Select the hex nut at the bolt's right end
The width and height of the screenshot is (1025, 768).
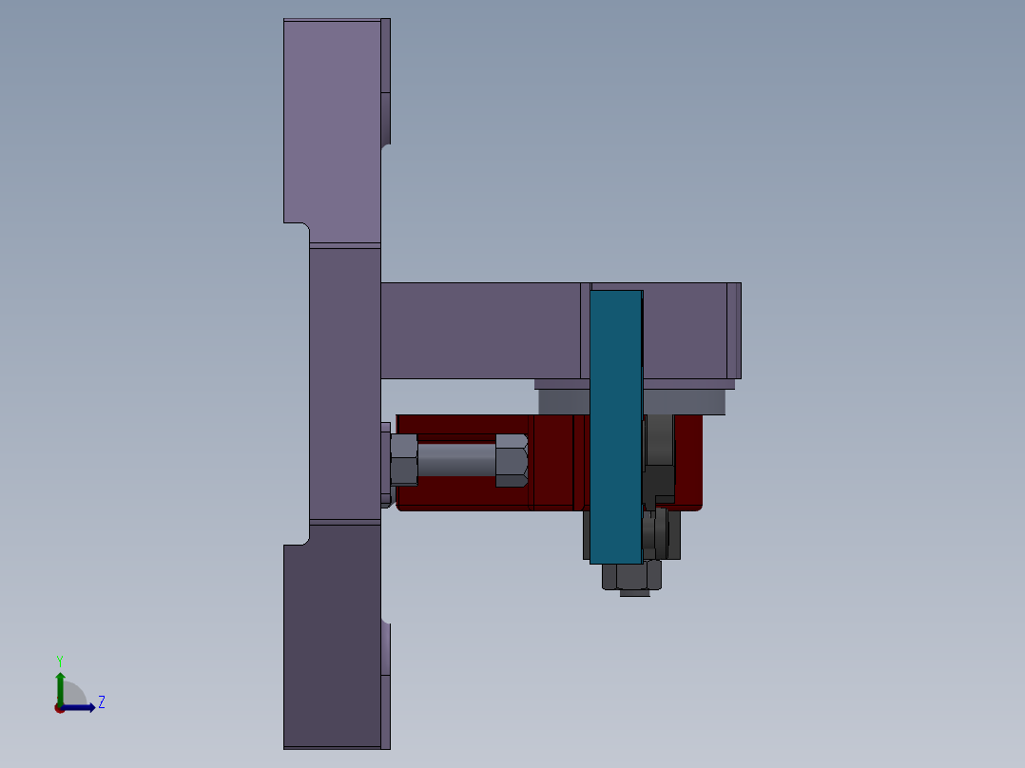point(512,460)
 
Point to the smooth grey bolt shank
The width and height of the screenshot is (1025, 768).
point(455,460)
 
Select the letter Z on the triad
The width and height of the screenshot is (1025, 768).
point(101,702)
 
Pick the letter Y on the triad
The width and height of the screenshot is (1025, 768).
point(59,660)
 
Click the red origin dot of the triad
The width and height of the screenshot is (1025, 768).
point(60,708)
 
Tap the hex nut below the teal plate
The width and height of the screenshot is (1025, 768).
point(632,575)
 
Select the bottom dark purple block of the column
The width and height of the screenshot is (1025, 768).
point(332,637)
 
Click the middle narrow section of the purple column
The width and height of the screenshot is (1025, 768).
point(344,384)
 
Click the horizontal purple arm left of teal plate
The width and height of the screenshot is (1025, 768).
point(480,331)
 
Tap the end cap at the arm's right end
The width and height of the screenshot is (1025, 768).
point(733,330)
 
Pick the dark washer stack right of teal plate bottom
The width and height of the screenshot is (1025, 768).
point(662,535)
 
